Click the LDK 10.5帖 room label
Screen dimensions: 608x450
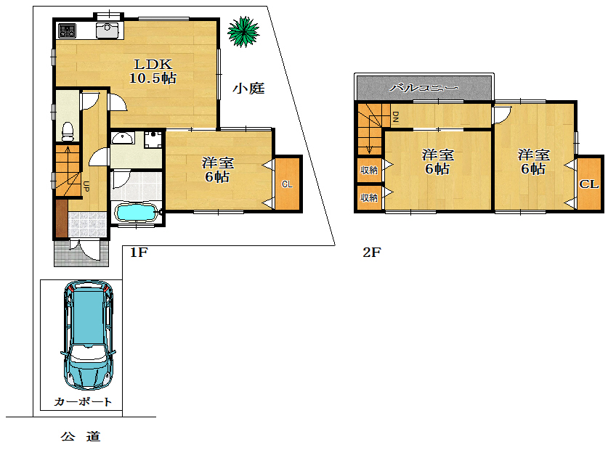pos(153,71)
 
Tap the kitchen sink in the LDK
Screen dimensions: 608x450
pos(107,30)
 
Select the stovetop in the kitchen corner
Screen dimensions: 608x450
pos(67,30)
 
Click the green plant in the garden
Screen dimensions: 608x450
pos(243,31)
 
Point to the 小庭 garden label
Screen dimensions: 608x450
pos(248,89)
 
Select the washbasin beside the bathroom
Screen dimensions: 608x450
pos(123,138)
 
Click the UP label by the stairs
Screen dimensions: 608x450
pos(86,187)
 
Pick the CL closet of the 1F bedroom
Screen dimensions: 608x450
pos(288,184)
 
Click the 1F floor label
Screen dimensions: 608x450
pos(139,253)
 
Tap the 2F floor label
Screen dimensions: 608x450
pos(372,253)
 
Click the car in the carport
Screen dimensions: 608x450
pos(88,335)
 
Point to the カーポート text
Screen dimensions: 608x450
pos(83,401)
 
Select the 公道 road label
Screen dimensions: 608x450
pos(81,436)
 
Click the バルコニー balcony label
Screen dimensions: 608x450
pos(423,88)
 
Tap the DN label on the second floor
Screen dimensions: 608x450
pos(395,117)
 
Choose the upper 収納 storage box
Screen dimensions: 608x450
pos(369,170)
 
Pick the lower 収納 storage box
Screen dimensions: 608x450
pos(369,197)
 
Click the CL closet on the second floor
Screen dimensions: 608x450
pos(589,184)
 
